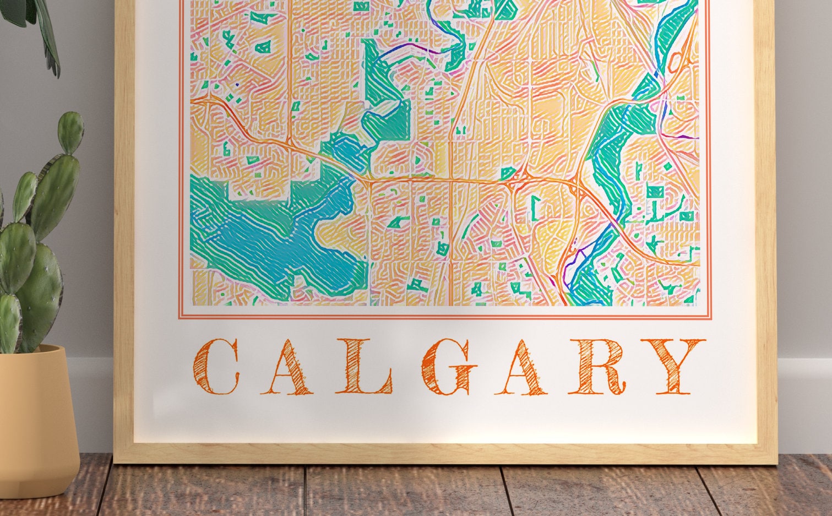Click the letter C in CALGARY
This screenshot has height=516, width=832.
tap(216, 367)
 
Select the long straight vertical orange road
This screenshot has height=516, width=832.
tap(450, 220)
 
